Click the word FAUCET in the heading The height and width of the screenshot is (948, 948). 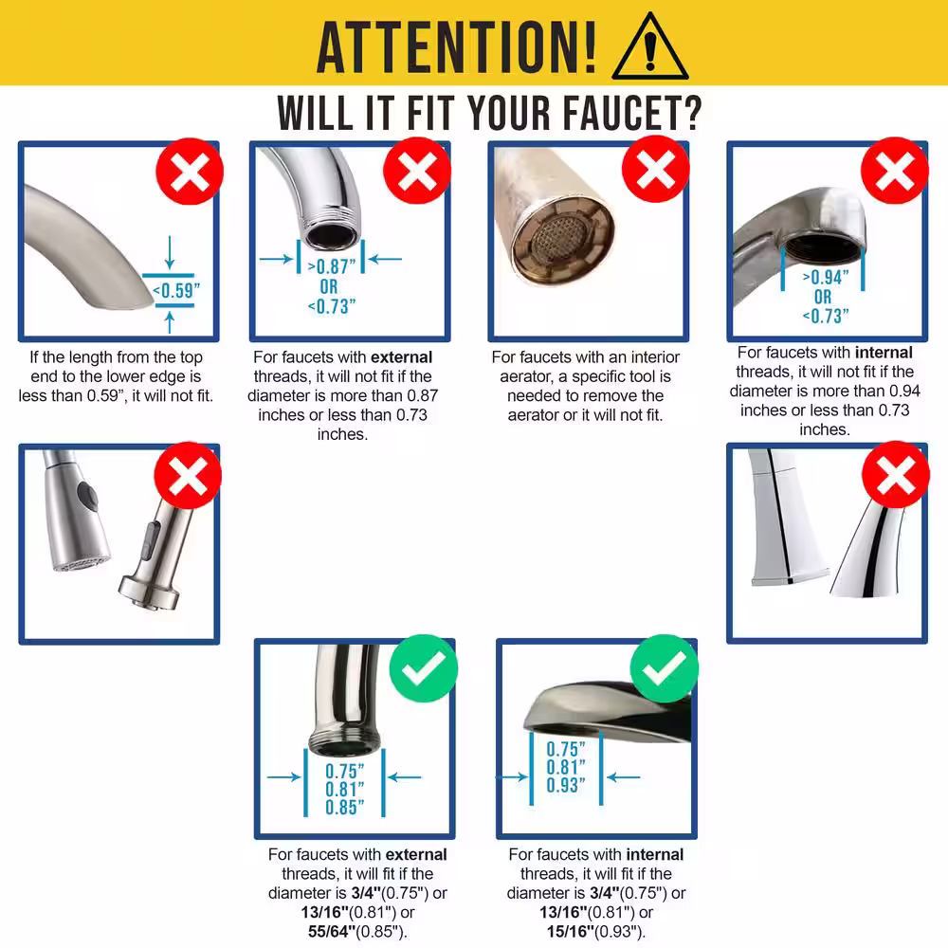631,113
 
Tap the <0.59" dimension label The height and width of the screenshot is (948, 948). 176,290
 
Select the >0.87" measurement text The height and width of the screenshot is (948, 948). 331,266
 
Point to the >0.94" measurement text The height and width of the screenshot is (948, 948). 826,277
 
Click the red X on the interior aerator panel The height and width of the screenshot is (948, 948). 656,169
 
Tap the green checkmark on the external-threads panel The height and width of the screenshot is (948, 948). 423,668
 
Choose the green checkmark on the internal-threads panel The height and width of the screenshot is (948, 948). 664,668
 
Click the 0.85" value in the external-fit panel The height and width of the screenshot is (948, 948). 345,807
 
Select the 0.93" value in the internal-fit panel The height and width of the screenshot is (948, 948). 566,785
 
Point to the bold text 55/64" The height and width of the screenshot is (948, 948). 331,931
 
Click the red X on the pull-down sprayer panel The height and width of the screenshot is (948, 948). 188,475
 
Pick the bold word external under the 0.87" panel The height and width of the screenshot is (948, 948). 401,356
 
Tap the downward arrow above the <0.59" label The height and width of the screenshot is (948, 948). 170,252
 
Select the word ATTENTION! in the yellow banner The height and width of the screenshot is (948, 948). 457,46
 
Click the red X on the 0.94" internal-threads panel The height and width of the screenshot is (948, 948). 895,171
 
